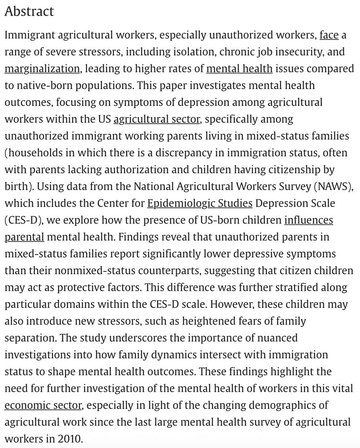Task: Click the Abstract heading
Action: coord(29,11)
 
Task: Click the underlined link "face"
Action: coord(329,35)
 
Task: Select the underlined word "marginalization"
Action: coord(42,69)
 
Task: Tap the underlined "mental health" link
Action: coord(239,69)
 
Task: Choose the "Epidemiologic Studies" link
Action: coord(200,203)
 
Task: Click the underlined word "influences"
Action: coord(308,220)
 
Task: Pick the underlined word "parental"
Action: coord(24,237)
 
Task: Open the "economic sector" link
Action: coord(43,405)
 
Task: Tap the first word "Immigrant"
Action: coord(32,35)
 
